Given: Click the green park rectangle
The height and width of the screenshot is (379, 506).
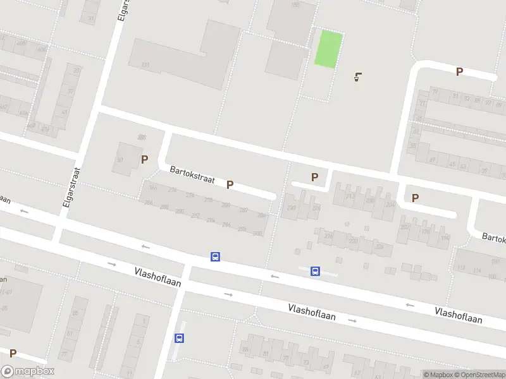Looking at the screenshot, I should coord(329,49).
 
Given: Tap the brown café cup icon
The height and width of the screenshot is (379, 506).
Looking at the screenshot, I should coord(359,78).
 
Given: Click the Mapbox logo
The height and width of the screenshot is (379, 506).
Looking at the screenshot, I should coord(28,371).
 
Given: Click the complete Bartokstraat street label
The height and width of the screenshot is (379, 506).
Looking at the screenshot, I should coord(192,175).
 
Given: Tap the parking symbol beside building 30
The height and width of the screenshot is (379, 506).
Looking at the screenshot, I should coord(145,160).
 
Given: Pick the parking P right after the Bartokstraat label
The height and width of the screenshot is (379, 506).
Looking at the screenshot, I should coord(230,185).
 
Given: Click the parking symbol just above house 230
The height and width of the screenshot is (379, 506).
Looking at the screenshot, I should coord(314,178).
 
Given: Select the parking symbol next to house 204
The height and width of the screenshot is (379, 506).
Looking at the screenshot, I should coord(415,198).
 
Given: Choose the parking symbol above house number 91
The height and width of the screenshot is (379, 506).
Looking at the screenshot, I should coord(459,72).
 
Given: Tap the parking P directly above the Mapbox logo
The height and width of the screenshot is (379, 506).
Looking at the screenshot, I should coord(13,353).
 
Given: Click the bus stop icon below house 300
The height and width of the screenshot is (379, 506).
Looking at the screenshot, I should coord(215,257).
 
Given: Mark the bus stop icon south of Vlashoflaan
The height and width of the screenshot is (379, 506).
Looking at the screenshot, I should coord(180,338).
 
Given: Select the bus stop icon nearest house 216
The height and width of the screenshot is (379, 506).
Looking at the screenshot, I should coord(315,272).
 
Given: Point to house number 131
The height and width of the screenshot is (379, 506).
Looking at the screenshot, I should coord(145,64).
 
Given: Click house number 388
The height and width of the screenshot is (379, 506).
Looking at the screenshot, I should coord(142,137).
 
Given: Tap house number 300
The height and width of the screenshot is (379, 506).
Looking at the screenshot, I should coord(257,233).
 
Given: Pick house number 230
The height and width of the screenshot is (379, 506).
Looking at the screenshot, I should coord(292,208).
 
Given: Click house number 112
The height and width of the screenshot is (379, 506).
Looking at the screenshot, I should coord(462,268).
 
